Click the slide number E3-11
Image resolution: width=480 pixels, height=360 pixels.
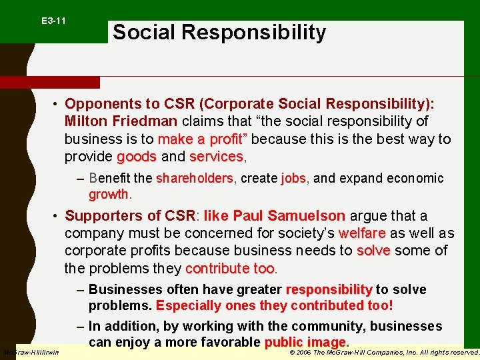point(53,21)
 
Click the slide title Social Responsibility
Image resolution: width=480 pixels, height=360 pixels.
point(219,32)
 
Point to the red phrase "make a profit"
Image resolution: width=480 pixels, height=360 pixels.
point(202,139)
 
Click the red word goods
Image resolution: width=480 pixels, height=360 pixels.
point(137,157)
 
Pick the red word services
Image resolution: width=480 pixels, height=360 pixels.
point(217,157)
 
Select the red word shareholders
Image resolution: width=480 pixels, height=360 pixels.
point(195,178)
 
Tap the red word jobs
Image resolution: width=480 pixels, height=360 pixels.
point(293,178)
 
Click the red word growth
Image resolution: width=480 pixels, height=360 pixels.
point(109,194)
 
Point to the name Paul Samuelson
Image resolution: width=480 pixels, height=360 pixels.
point(288,216)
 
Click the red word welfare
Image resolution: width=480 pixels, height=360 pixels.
point(362,233)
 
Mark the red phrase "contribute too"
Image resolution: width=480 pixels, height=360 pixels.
point(230,268)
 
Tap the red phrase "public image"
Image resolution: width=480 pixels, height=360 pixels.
point(306,343)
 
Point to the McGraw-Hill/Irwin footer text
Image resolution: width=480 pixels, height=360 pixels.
point(31,352)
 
